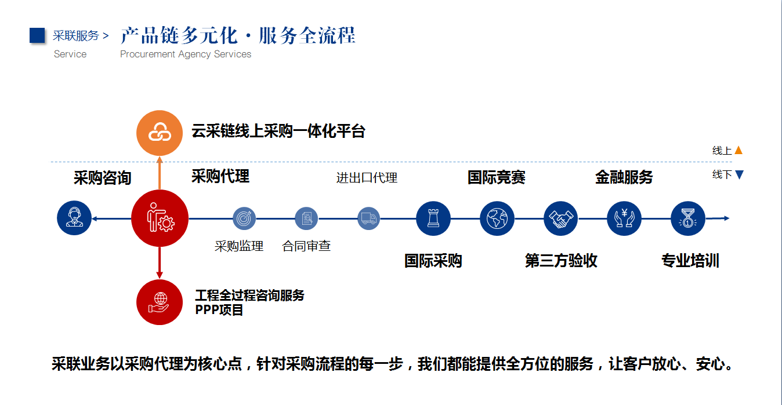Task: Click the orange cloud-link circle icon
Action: click(160, 133)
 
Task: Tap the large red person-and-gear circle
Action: click(160, 218)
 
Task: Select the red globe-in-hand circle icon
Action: click(160, 302)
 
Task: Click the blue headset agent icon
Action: click(74, 218)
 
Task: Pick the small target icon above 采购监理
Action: click(244, 218)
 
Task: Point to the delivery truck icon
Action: click(368, 218)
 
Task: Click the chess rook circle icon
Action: click(433, 218)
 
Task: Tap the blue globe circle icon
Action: click(497, 218)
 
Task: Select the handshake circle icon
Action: click(560, 218)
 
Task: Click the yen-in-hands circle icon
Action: click(624, 218)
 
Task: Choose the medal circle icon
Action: click(688, 218)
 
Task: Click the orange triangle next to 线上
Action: click(738, 150)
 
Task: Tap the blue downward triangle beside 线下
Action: click(740, 174)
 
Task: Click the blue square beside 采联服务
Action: click(37, 35)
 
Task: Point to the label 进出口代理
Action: click(367, 178)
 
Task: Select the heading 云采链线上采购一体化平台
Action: click(278, 132)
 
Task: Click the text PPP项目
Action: click(219, 310)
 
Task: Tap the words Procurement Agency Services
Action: click(186, 54)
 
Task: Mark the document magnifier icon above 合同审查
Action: click(306, 218)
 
